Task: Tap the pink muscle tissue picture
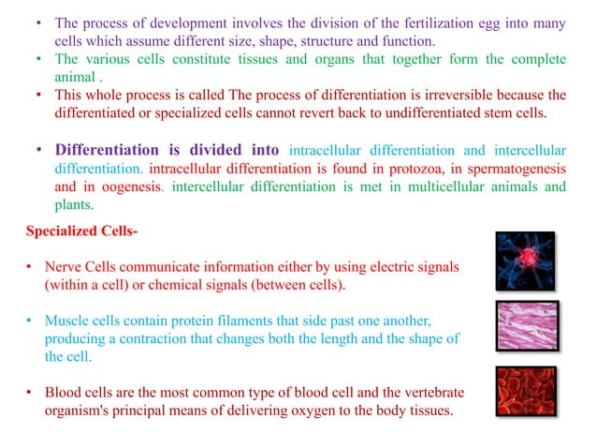[x=527, y=325]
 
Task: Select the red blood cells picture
[x=526, y=391]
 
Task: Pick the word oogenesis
[x=130, y=187]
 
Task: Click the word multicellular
[x=435, y=187]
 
